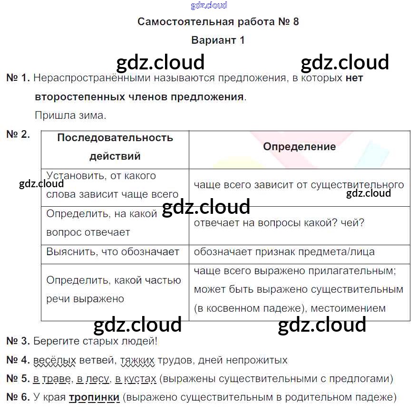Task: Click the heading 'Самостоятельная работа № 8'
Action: coord(218,22)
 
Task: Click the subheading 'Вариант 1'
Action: coord(218,40)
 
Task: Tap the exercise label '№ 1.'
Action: coord(18,78)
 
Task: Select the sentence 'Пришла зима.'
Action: coord(70,115)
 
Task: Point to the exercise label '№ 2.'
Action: coord(18,134)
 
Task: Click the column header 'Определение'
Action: coord(299,147)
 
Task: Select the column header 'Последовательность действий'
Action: coord(115,147)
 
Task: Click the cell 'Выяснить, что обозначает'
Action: coord(113,252)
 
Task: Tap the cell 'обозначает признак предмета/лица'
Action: coord(284,252)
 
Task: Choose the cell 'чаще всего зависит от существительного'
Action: coord(299,185)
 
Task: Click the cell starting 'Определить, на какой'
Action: coord(102,223)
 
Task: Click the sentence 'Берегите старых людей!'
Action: coord(95,341)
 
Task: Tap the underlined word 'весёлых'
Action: coord(55,360)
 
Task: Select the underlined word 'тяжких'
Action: coord(137,360)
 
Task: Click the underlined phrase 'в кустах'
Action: coord(136,379)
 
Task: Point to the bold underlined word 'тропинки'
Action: coord(94,398)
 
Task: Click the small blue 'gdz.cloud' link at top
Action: coord(209,5)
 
